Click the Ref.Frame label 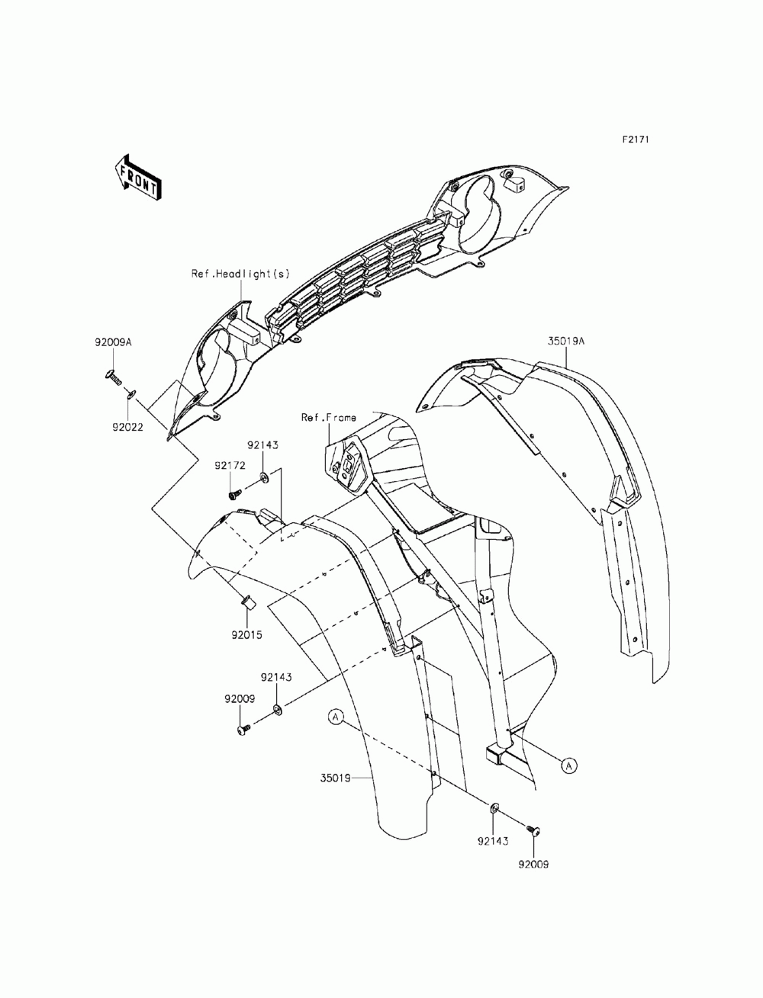coord(328,418)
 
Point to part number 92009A coord(114,342)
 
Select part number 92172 coord(229,465)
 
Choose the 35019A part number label coord(565,342)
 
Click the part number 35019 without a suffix coord(336,778)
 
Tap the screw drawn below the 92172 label coord(235,493)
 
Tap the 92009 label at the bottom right coord(533,865)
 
